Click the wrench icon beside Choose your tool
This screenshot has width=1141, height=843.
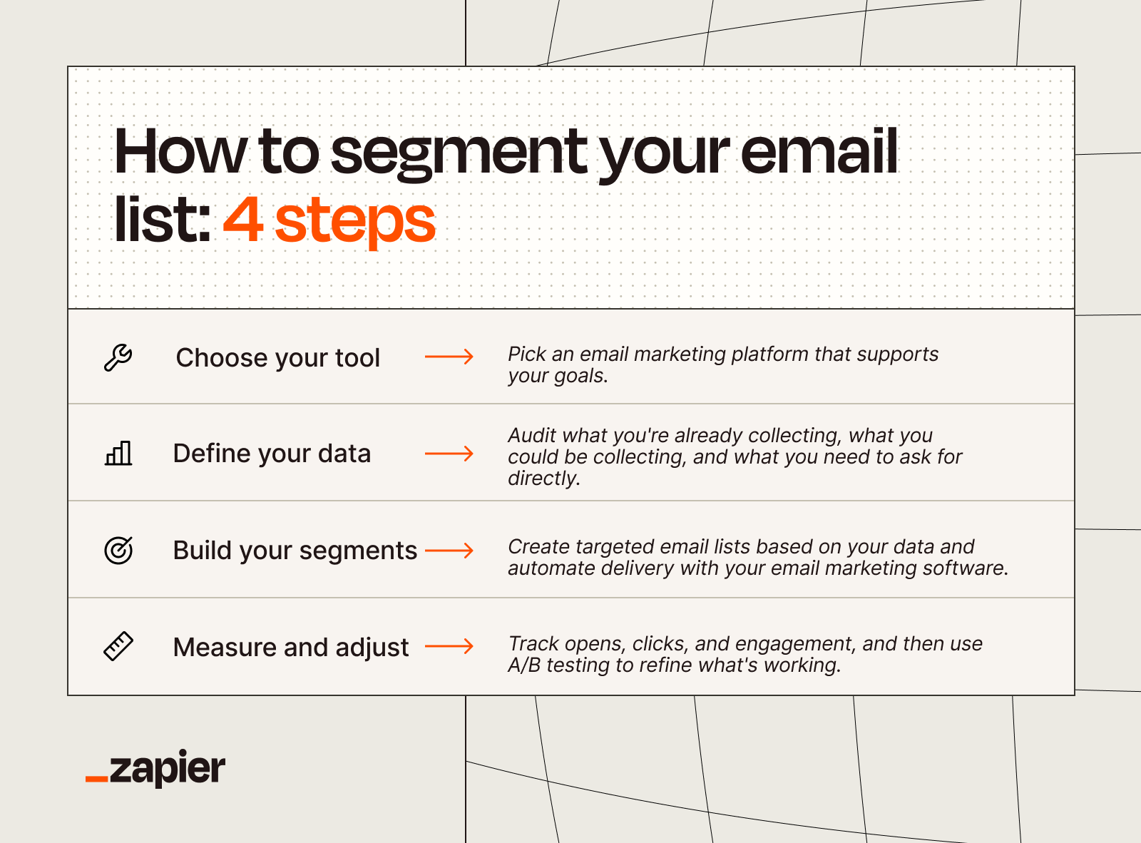pos(118,357)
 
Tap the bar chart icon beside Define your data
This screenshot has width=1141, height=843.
pos(118,454)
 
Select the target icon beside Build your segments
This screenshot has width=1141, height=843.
pos(118,551)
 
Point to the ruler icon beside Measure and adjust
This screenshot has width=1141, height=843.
pos(118,646)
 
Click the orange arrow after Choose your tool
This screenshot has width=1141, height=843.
pos(449,357)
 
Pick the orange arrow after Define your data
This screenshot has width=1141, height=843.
pos(449,454)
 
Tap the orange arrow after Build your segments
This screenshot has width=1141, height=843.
pos(449,551)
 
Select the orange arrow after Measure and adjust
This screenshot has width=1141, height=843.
pos(449,646)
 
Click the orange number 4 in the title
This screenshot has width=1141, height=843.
pos(243,220)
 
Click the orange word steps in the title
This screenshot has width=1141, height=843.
pos(354,222)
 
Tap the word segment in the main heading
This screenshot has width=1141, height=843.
pos(459,153)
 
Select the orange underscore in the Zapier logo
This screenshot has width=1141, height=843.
pos(96,780)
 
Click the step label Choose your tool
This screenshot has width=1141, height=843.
pos(277,358)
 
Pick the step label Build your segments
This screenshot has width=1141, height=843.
pos(295,551)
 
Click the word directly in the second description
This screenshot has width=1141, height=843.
pos(543,479)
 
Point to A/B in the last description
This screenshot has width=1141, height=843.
pos(524,665)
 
